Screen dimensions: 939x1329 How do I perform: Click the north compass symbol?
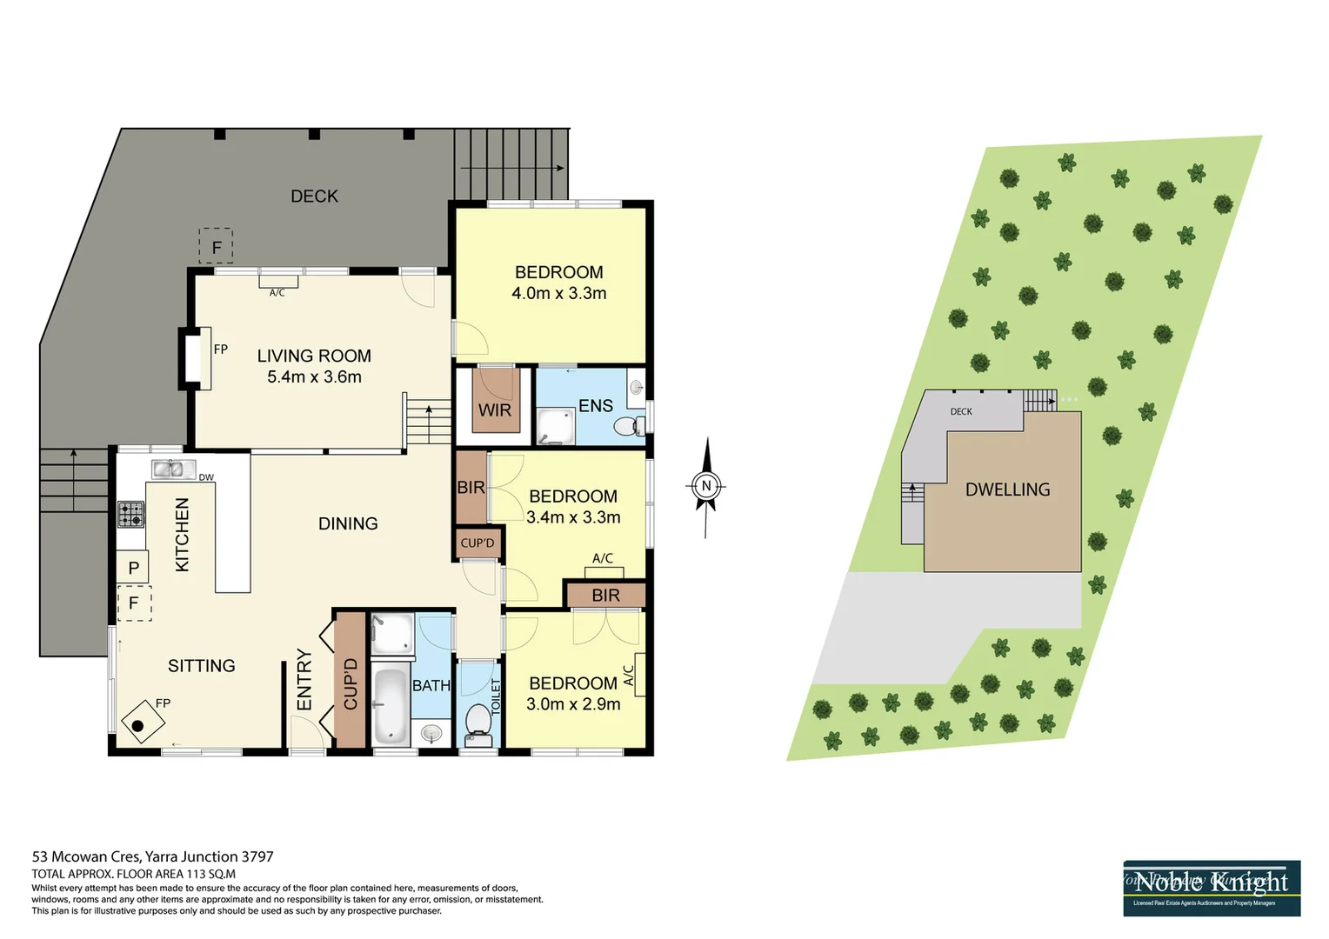pos(706,486)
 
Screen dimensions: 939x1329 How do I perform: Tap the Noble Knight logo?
pos(1211,888)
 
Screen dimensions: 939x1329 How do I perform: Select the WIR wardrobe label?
pos(494,410)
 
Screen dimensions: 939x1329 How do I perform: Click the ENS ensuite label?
pos(596,406)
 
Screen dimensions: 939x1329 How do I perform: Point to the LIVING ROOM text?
pos(314,356)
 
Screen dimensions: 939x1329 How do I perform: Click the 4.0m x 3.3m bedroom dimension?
pos(558,294)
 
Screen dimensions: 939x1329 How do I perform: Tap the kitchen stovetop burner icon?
pos(131,514)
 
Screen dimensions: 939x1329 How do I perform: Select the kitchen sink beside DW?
pos(173,469)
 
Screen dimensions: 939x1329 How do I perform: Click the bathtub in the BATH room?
pos(390,705)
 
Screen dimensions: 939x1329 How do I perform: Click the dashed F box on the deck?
pos(216,247)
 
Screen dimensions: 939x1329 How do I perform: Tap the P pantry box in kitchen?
pos(133,568)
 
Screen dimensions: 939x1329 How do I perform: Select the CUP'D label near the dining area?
pos(478,543)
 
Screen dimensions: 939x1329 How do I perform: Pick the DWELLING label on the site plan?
pos(1007,489)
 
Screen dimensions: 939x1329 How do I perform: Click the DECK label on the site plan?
pos(961,411)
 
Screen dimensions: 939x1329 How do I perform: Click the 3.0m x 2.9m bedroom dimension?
pos(573,704)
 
